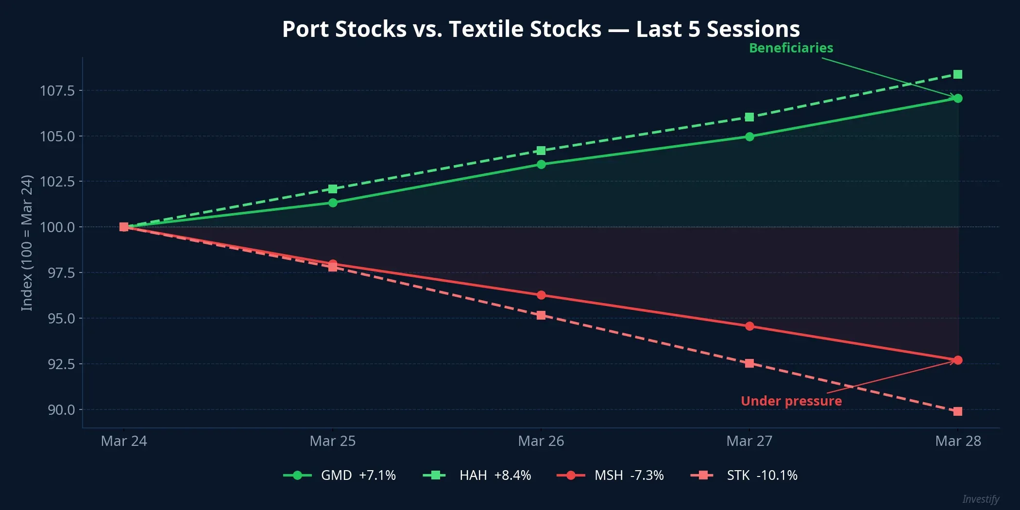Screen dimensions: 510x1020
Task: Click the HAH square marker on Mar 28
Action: (x=957, y=74)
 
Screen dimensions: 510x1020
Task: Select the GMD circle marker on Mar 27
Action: (x=749, y=137)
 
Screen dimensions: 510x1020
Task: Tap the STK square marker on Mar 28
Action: (x=957, y=411)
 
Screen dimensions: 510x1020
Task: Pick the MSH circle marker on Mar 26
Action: (x=541, y=295)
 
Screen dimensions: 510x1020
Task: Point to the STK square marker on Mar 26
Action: (x=541, y=315)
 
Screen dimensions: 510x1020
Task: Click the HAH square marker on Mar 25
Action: (x=333, y=189)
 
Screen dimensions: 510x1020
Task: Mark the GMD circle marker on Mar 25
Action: (x=333, y=203)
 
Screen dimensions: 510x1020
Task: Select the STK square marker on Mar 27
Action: (x=749, y=363)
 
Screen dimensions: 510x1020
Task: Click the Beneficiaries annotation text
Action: (x=791, y=48)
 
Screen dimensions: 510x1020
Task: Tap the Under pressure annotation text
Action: (x=791, y=401)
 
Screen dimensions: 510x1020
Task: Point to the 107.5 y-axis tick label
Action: (x=57, y=91)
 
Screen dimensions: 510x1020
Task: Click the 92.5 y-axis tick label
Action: (x=61, y=364)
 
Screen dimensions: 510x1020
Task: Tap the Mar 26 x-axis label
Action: (x=541, y=441)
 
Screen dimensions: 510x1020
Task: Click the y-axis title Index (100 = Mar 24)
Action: (x=27, y=243)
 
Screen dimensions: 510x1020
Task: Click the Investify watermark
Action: (x=980, y=499)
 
